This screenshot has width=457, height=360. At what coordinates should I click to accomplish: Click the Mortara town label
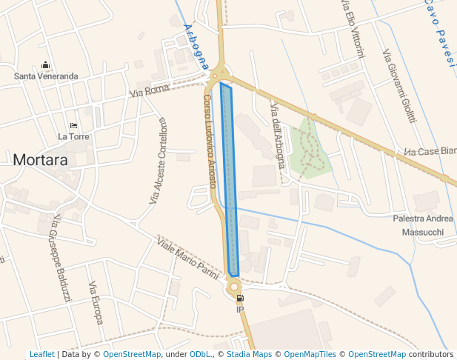[x=40, y=159]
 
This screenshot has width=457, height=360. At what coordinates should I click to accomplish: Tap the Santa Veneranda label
[x=46, y=76]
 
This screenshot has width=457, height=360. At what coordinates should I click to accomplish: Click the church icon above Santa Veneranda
[x=46, y=64]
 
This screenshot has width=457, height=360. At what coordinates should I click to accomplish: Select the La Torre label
[x=73, y=136]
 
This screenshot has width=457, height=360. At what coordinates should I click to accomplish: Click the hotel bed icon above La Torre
[x=73, y=125]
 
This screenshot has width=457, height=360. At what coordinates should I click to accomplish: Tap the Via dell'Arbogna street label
[x=278, y=136]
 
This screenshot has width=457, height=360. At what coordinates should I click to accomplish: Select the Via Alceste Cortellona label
[x=159, y=161]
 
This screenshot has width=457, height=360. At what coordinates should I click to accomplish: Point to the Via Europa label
[x=96, y=304]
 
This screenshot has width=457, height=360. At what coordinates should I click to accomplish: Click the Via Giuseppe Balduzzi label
[x=59, y=259]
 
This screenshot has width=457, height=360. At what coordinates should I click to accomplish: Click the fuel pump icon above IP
[x=239, y=298]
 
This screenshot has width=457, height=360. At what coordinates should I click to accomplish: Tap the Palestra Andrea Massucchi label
[x=422, y=225]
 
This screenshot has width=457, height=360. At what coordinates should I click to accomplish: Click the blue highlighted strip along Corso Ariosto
[x=230, y=181]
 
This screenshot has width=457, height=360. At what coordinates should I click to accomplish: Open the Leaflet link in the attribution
[x=41, y=354]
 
